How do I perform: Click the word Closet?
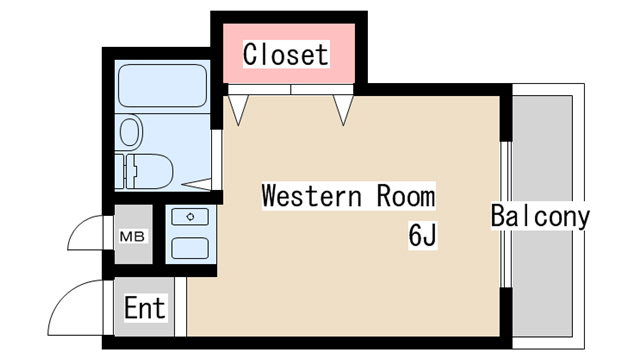pyautogui.click(x=285, y=54)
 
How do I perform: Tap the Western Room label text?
pyautogui.click(x=348, y=195)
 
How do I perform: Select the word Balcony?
pyautogui.click(x=540, y=216)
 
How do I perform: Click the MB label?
pyautogui.click(x=132, y=237)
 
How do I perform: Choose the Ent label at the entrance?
pyautogui.click(x=144, y=308)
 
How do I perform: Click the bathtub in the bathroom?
pyautogui.click(x=163, y=87)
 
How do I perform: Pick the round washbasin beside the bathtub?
pyautogui.click(x=129, y=131)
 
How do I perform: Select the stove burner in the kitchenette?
pyautogui.click(x=190, y=215)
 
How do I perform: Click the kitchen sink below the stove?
pyautogui.click(x=190, y=247)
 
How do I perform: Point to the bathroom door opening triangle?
pyautogui.click(x=200, y=183)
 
